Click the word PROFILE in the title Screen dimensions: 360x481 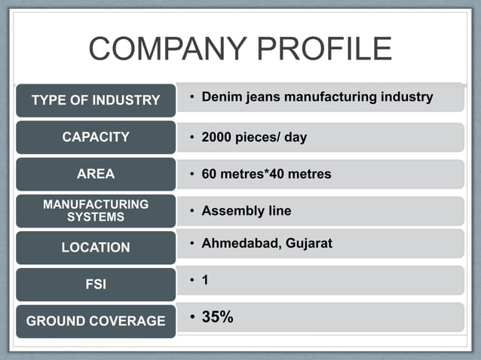click(323, 50)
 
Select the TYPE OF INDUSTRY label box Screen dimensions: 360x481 click(96, 100)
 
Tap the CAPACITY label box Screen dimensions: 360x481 click(96, 137)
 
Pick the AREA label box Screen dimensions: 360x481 click(96, 174)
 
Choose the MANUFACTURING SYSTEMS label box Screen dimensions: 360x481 click(96, 210)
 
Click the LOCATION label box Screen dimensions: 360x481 click(96, 247)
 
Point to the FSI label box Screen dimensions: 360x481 click(96, 284)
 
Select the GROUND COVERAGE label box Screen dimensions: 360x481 click(96, 321)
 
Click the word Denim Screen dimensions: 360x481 click(220, 97)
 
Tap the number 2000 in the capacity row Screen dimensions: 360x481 click(218, 138)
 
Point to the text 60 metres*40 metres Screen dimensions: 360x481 click(266, 174)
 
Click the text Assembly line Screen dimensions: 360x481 click(246, 211)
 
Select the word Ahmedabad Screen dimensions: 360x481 click(239, 243)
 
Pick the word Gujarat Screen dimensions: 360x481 click(308, 243)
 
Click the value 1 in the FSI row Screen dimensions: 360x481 click(205, 280)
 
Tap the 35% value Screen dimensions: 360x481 click(217, 317)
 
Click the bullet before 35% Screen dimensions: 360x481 click(193, 317)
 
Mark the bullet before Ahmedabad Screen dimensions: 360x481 click(193, 243)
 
